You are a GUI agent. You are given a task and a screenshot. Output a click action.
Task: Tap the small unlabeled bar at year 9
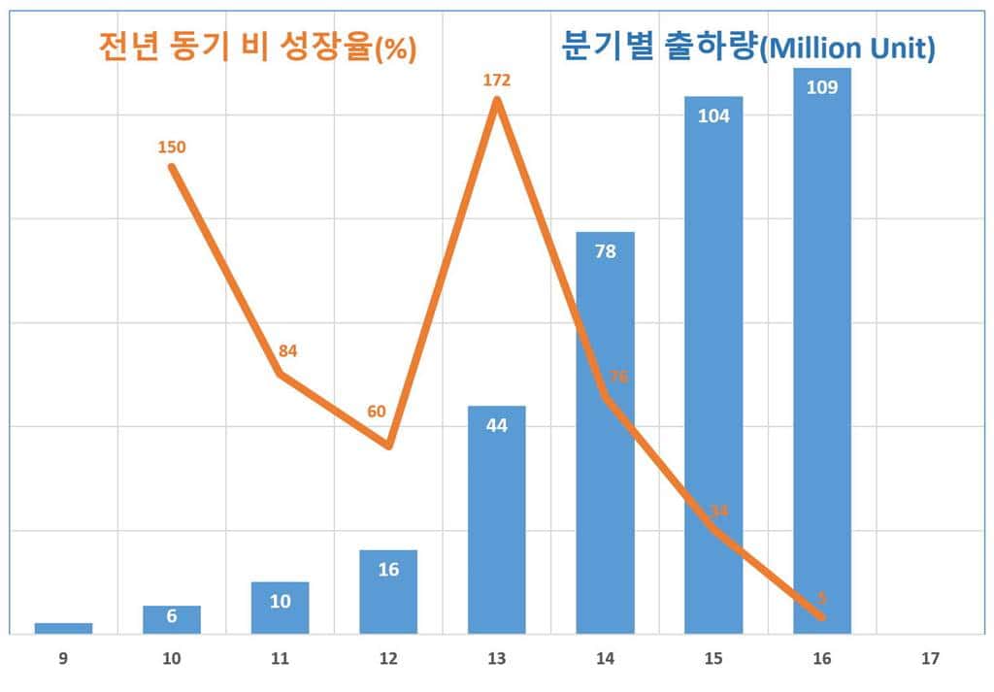[x=63, y=628]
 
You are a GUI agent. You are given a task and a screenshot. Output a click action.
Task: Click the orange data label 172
[x=496, y=80]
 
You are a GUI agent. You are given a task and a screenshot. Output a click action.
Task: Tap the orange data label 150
[x=172, y=148]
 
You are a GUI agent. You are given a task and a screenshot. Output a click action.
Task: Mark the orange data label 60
[x=377, y=411]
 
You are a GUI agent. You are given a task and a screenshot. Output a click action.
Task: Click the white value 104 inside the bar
[x=713, y=115]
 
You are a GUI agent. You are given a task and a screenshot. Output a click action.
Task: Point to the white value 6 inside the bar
[x=172, y=617]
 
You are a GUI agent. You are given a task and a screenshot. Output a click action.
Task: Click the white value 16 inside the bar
[x=388, y=570]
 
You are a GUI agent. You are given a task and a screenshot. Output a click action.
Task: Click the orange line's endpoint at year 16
[x=821, y=616]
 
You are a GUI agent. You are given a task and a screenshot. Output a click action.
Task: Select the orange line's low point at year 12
[x=388, y=445]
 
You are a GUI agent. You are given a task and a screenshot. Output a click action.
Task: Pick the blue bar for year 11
[x=280, y=608]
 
